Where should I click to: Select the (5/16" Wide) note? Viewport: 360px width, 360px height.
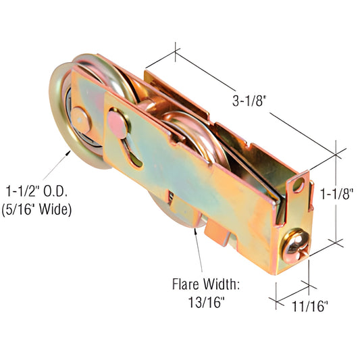click(x=39, y=209)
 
